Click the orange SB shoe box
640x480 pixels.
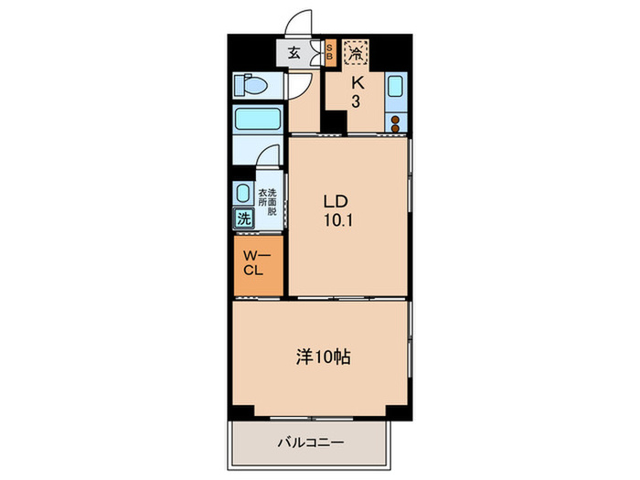pyautogui.click(x=330, y=54)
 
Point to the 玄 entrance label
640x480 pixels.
pyautogui.click(x=295, y=53)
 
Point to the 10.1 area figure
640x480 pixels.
pyautogui.click(x=336, y=220)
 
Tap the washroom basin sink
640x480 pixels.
pyautogui.click(x=243, y=193)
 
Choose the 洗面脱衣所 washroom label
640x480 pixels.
pyautogui.click(x=265, y=201)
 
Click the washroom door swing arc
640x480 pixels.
pyautogui.click(x=265, y=158)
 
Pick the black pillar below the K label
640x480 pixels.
pyautogui.click(x=336, y=122)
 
